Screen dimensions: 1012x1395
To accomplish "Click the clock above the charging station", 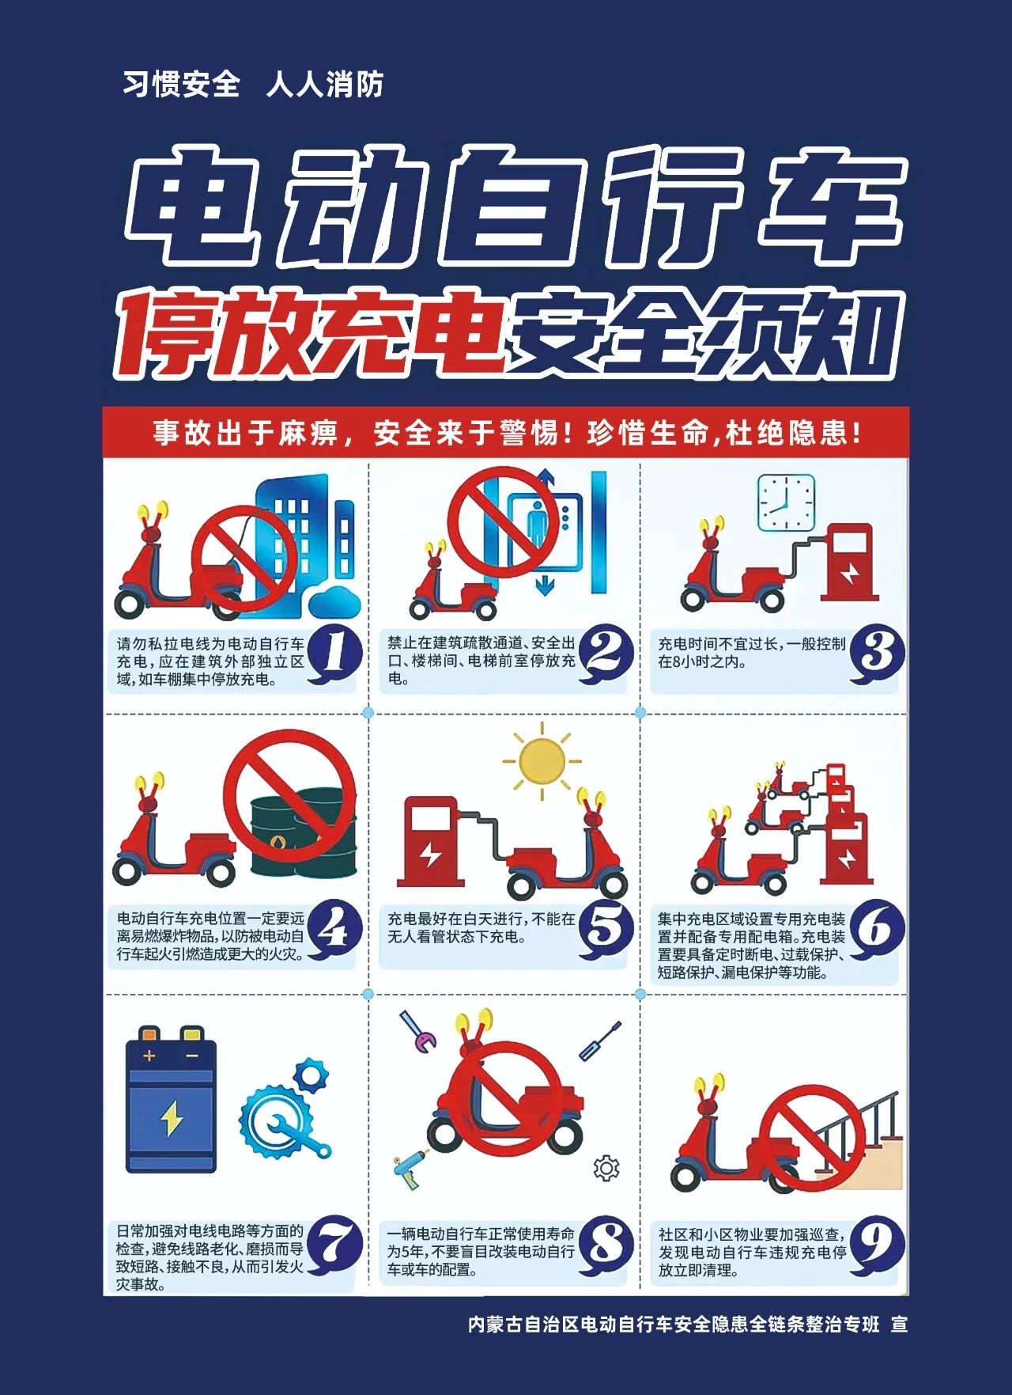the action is [786, 503].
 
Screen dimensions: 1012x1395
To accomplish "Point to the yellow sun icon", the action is [542, 760].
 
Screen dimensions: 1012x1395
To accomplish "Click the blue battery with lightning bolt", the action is [171, 1099].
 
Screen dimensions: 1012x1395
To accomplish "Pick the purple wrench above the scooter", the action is [417, 1031].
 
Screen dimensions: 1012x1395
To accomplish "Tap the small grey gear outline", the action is [606, 1168].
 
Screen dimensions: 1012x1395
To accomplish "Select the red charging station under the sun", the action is [431, 840].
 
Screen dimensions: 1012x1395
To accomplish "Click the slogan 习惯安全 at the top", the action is [181, 84].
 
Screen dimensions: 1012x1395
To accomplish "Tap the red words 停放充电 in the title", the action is [310, 332].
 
